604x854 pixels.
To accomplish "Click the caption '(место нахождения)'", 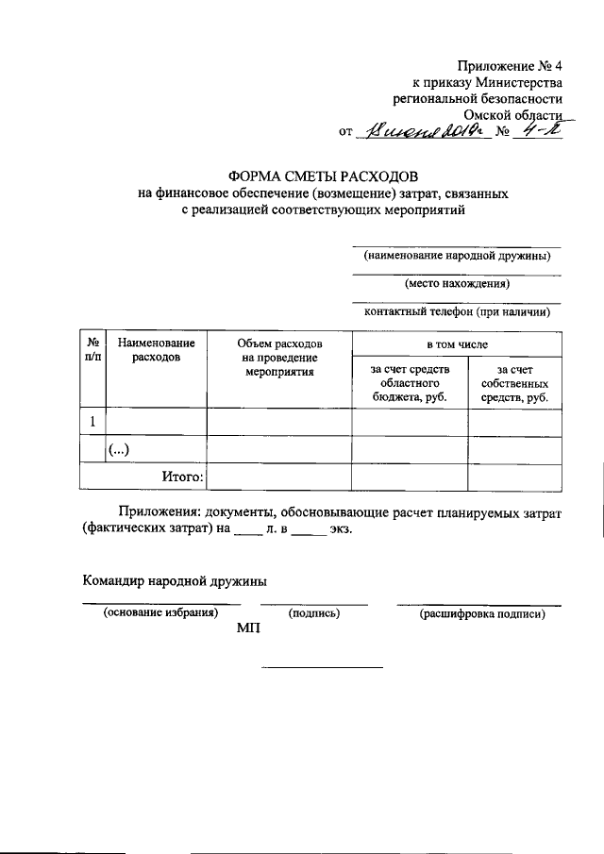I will (x=457, y=283).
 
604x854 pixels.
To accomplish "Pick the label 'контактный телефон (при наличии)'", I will (x=457, y=310).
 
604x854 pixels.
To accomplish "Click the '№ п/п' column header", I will (x=92, y=349).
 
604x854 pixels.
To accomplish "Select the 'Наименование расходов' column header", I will (x=157, y=349).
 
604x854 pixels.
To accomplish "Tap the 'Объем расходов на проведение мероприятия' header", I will (x=280, y=358).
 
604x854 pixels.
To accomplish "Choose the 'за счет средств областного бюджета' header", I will (x=411, y=383).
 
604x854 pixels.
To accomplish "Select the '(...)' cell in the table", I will (x=119, y=450).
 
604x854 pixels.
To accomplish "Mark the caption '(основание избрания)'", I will (x=159, y=614).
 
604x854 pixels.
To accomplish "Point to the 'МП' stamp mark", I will (x=249, y=631).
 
